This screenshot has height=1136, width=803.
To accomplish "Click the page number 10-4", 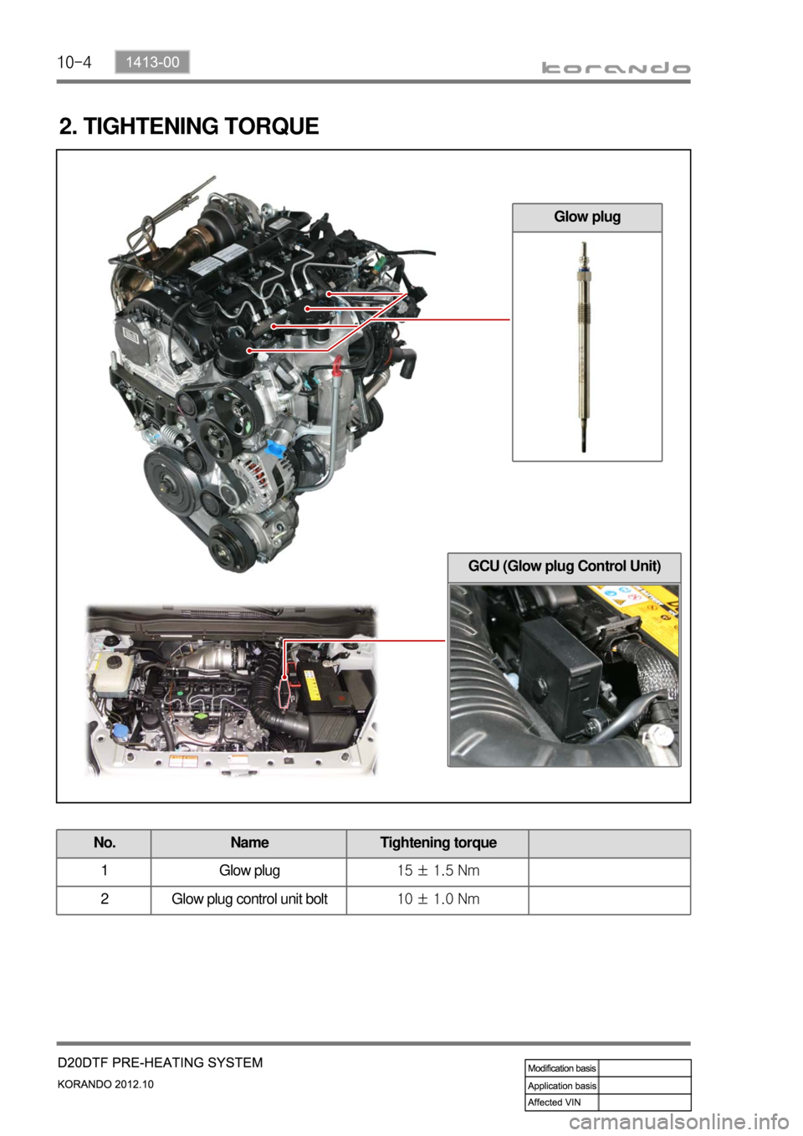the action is point(74,63).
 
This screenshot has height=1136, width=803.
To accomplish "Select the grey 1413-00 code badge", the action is point(152,62).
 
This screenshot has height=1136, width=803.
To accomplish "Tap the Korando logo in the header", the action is point(616,68).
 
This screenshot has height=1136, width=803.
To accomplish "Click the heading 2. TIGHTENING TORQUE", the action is point(189,125).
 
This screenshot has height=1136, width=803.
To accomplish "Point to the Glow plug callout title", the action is point(587,217).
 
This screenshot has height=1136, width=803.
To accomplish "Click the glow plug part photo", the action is point(584,346).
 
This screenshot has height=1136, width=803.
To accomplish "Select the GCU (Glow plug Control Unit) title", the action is point(565,566).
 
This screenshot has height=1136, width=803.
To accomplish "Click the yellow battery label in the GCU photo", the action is point(639,606).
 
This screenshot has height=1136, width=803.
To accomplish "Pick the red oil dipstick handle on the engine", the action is point(336,366).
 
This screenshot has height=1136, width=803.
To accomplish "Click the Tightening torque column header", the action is point(438,842).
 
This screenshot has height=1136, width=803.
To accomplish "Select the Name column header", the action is point(249,842).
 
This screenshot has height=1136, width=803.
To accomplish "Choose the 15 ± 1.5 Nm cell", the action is point(438,871).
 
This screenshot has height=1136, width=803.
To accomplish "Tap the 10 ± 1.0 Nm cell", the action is point(438,899).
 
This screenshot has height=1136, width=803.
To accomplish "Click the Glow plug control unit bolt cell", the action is point(249,899).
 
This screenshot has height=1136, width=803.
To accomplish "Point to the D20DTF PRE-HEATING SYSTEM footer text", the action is point(161,1062).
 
